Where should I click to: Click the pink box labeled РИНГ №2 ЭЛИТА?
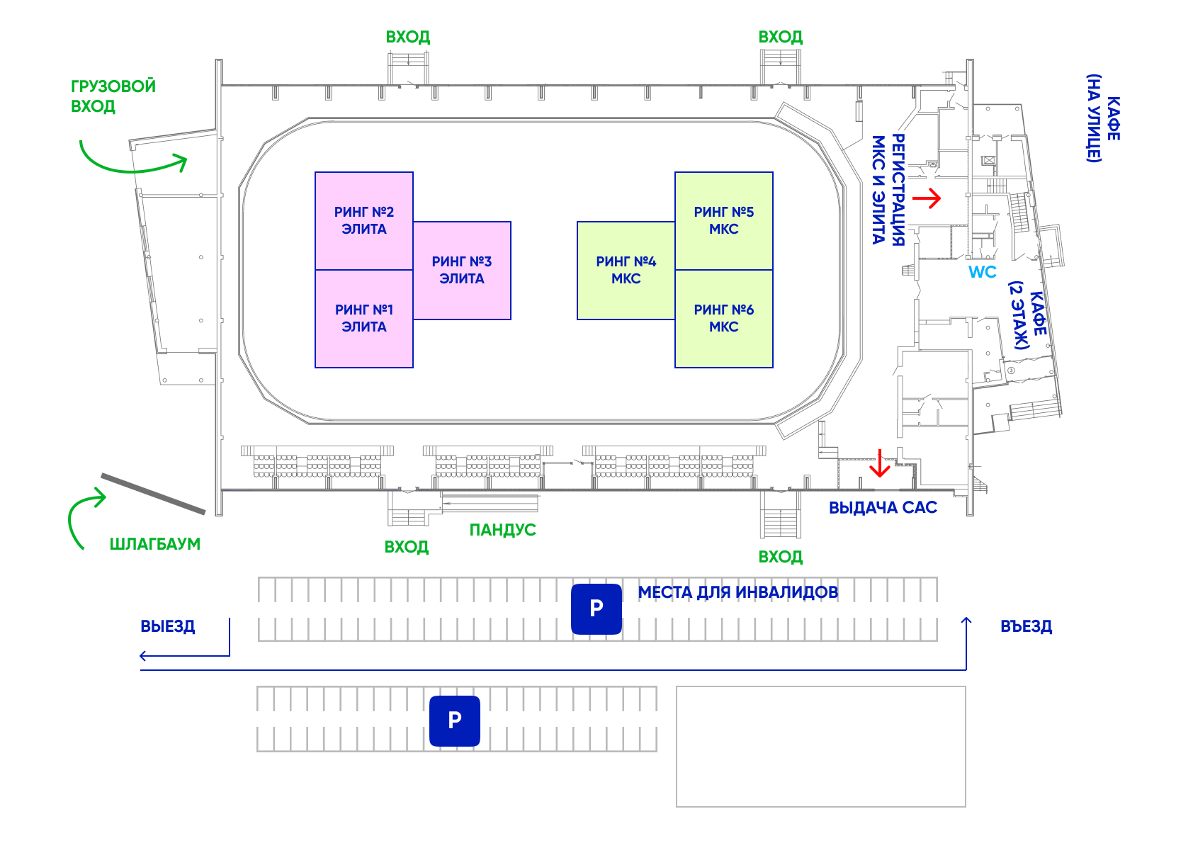364,220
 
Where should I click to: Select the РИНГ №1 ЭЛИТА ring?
364,318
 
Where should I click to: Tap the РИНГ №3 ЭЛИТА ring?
462,270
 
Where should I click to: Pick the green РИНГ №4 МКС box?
626,270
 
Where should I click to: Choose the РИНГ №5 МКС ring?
723,220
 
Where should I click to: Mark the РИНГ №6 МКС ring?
723,318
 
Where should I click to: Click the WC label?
982,272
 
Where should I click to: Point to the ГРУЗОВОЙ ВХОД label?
113,96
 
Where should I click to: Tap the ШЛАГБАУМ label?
154,544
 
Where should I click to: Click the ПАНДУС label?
502,530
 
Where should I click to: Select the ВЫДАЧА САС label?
883,508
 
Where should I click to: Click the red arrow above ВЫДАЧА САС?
880,463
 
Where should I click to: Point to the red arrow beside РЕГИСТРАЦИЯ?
927,198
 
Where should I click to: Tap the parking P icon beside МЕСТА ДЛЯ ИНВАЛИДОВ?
596,609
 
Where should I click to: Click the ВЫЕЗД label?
168,626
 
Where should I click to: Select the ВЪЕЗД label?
1026,626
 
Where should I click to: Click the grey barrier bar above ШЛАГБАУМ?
153,493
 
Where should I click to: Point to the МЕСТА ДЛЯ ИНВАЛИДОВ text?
737,592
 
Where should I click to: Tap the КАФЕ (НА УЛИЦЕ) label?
1103,118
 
